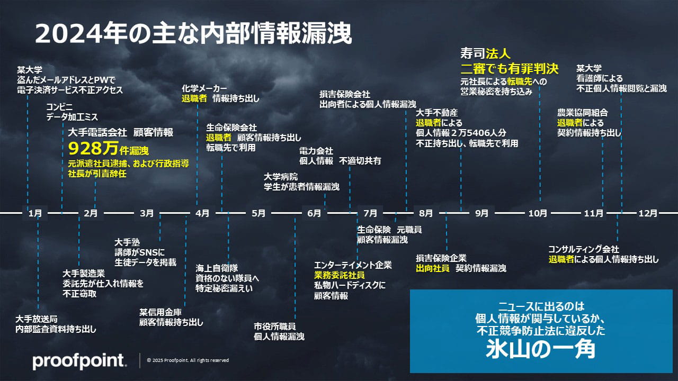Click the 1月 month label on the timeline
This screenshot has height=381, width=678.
(35, 213)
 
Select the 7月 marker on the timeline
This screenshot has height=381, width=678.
(370, 213)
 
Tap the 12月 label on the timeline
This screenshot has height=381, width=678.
(648, 213)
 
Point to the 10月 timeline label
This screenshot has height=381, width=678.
(538, 213)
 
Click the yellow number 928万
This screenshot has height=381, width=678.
(93, 149)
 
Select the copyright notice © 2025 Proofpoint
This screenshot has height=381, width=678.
(188, 360)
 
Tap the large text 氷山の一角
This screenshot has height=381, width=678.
(541, 349)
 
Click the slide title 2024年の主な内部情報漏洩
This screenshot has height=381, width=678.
(193, 33)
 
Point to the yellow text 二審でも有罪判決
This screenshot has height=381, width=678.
(510, 69)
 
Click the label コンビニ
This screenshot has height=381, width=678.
(59, 107)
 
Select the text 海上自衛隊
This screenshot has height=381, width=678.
(217, 268)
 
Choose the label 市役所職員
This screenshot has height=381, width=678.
(274, 326)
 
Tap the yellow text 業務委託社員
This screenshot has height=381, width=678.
(340, 275)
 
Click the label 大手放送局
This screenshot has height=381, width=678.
(37, 319)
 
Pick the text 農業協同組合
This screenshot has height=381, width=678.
(583, 113)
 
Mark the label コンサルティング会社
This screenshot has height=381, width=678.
(584, 249)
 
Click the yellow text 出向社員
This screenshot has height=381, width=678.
(433, 268)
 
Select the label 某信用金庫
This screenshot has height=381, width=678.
(160, 312)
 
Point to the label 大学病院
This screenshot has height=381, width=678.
(281, 177)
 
